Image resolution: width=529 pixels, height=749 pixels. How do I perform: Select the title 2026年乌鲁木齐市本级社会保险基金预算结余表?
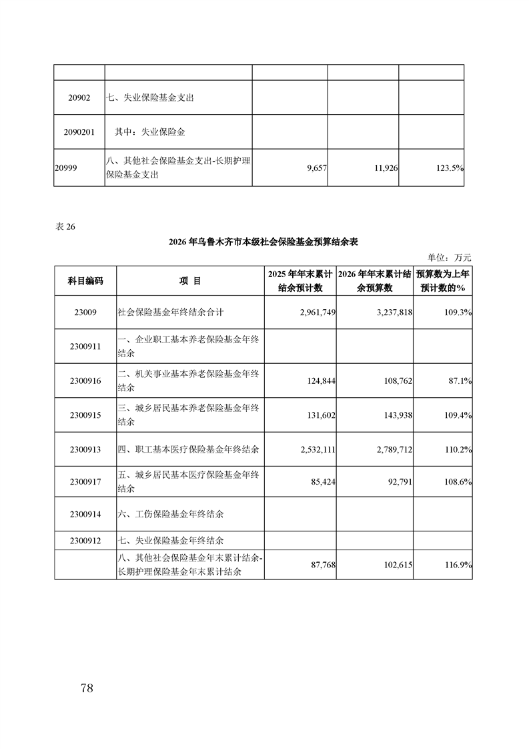[263, 241]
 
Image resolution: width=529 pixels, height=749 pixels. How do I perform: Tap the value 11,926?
[384, 169]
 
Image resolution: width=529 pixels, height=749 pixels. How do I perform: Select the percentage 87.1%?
[460, 381]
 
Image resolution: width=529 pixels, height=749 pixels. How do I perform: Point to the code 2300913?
[85, 450]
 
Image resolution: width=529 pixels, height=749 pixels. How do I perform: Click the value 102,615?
[394, 565]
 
